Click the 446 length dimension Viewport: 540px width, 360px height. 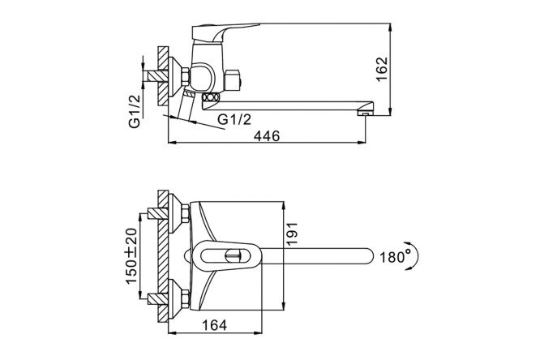(x=267, y=136)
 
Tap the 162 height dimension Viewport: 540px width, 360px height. (x=382, y=69)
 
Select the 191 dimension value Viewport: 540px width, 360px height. (x=292, y=234)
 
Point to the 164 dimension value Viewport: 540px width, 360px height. (x=214, y=325)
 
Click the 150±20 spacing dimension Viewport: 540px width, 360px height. (x=131, y=256)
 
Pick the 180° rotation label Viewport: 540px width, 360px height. (x=396, y=257)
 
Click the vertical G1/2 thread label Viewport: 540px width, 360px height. (x=135, y=111)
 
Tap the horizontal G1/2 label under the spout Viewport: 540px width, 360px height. (x=234, y=119)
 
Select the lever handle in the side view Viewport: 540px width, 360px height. (x=221, y=32)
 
